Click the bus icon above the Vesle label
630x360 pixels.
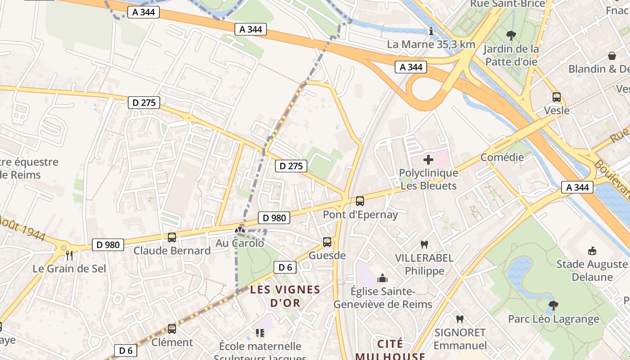coord(557,97)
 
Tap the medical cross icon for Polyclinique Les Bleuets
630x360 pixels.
coord(428,159)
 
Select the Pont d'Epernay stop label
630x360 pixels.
coord(360,215)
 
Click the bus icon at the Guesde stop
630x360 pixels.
coord(327,242)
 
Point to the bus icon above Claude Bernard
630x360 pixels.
coord(172,237)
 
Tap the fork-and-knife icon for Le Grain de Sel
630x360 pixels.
coord(69,256)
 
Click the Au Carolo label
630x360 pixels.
coord(240,243)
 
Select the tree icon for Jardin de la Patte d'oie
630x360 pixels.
coord(511,35)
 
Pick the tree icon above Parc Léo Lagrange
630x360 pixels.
coord(553,306)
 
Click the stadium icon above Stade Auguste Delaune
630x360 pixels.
coord(592,251)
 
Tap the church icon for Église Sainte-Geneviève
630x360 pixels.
coord(382,278)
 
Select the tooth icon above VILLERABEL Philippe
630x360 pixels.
coord(424,245)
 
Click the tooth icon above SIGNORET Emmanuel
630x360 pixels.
coord(459,319)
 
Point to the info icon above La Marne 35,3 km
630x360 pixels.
coord(431,31)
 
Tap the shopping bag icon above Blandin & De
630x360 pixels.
coord(612,56)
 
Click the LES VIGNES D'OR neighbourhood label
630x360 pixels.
coord(285,296)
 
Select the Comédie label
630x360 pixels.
coord(502,157)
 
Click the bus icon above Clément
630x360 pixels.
coord(172,329)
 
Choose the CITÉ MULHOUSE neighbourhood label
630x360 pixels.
coord(390,350)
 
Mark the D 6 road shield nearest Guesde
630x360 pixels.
coord(285,267)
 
